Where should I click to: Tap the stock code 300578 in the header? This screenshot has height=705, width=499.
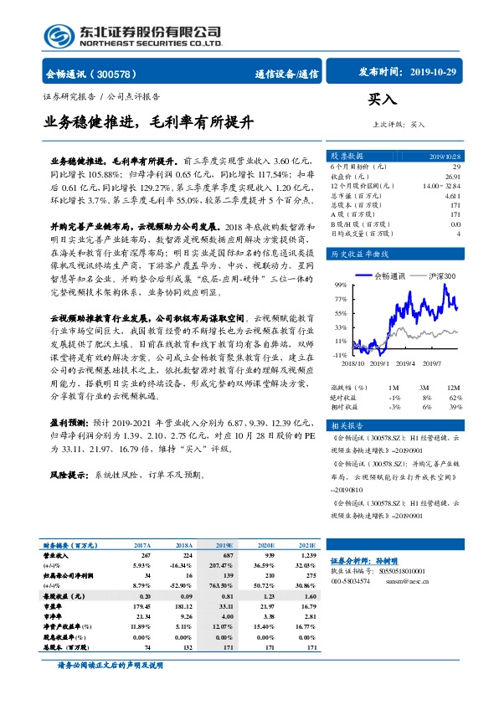click(x=126, y=74)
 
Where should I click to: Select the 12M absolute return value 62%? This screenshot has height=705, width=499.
click(x=454, y=398)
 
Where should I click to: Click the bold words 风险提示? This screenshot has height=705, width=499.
click(x=69, y=475)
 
